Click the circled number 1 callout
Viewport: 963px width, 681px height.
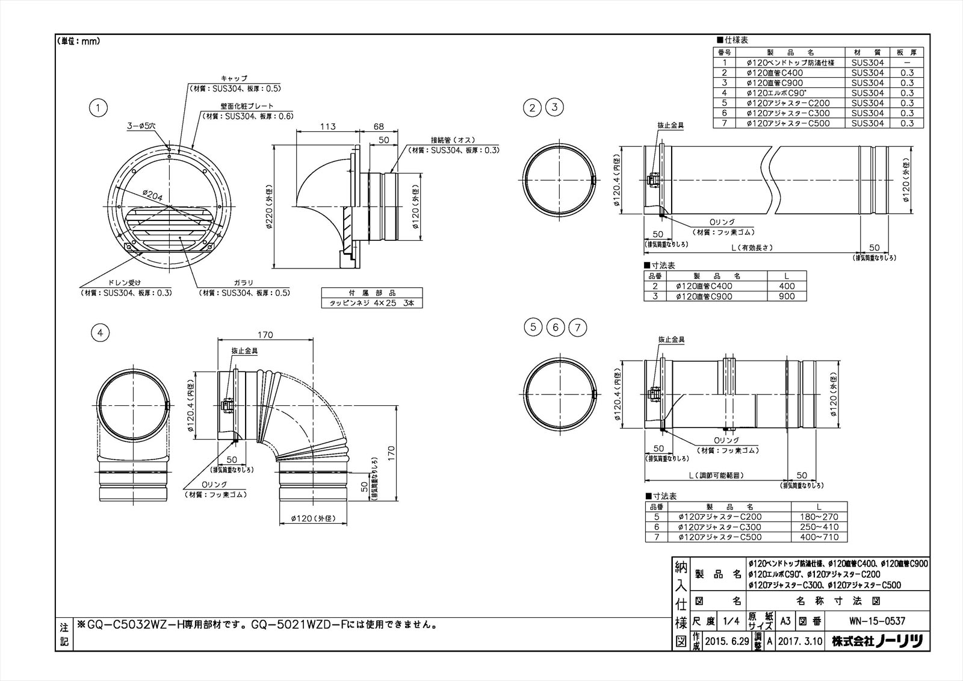pyautogui.click(x=98, y=108)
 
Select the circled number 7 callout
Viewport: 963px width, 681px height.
pyautogui.click(x=577, y=328)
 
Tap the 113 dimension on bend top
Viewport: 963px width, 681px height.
pyautogui.click(x=327, y=127)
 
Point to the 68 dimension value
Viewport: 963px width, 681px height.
pyautogui.click(x=379, y=127)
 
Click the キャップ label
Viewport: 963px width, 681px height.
pyautogui.click(x=234, y=79)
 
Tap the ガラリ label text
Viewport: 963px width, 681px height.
pyautogui.click(x=244, y=282)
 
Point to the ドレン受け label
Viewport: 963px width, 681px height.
pyautogui.click(x=125, y=282)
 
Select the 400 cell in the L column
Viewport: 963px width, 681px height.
pyautogui.click(x=787, y=286)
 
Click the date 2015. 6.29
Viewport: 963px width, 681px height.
pyautogui.click(x=728, y=642)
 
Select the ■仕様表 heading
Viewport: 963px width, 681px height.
pyautogui.click(x=732, y=40)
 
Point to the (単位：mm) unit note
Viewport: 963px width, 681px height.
pyautogui.click(x=79, y=42)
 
